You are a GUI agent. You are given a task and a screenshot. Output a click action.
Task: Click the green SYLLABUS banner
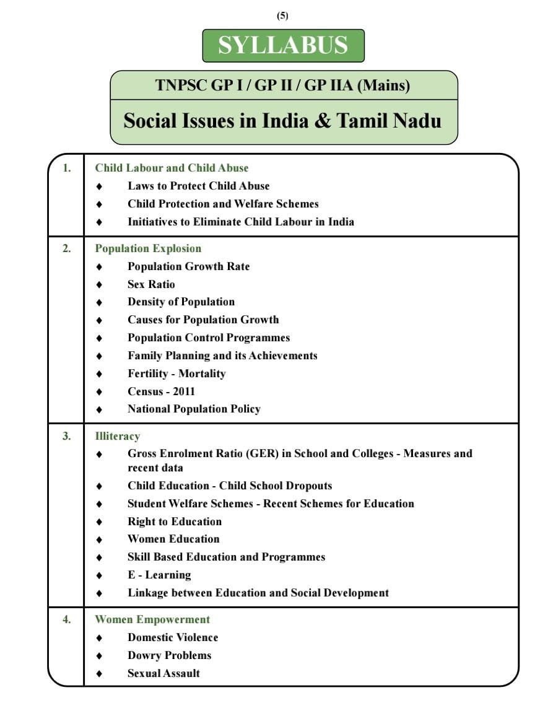[x=283, y=45]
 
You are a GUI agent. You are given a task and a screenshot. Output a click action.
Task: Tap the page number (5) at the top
[x=283, y=16]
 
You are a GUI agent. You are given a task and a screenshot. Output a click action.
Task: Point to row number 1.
[x=66, y=168]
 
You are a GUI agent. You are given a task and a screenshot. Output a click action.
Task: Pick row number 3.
[x=66, y=436]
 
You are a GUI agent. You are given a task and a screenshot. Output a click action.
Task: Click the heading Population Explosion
[x=148, y=248]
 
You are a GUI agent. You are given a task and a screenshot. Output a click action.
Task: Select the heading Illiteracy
[x=117, y=436]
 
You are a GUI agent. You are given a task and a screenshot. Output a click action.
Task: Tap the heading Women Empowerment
[x=152, y=619]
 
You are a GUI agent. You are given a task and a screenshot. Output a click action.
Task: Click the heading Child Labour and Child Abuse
[x=172, y=168]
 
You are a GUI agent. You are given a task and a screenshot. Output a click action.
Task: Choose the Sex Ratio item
[x=151, y=284]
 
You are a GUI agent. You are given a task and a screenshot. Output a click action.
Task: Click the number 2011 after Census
[x=184, y=391]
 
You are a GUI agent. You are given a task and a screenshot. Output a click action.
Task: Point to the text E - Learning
[x=159, y=575]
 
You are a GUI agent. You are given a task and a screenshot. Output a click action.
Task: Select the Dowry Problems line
[x=169, y=655]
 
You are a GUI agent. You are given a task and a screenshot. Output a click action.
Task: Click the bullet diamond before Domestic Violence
[x=99, y=638]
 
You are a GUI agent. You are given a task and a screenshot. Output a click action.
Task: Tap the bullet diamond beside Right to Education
[x=99, y=522]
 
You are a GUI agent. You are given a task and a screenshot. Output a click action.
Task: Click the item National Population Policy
[x=194, y=409]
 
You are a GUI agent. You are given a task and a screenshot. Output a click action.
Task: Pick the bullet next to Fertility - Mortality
[x=99, y=374]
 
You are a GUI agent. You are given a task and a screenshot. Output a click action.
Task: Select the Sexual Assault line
[x=163, y=673]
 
